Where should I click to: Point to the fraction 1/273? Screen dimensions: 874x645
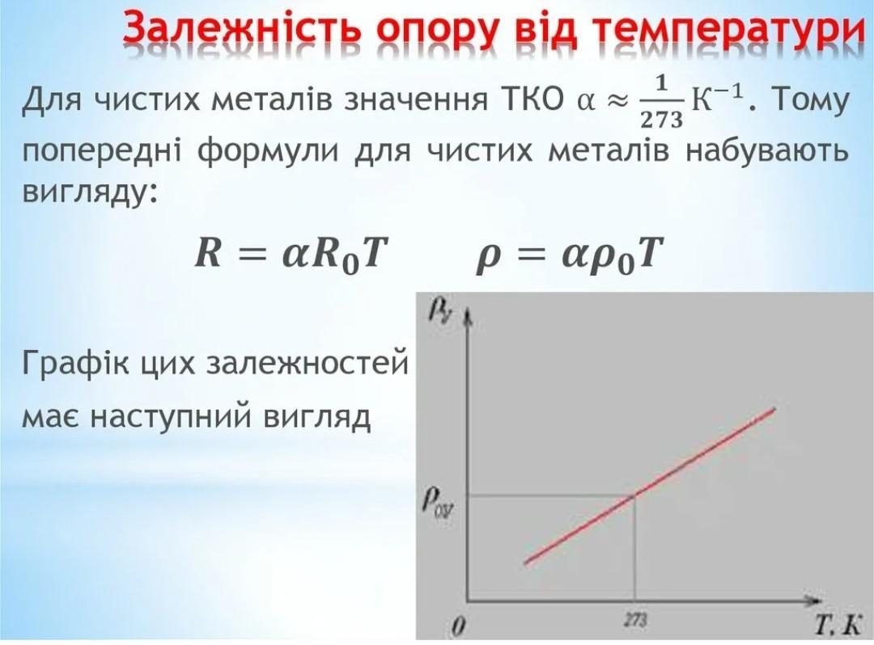point(662,101)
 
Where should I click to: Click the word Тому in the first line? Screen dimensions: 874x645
point(811,100)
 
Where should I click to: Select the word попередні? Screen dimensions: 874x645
point(101,150)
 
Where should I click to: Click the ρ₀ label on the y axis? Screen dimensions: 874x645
point(438,503)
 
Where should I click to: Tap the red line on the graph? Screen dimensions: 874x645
point(649,486)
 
